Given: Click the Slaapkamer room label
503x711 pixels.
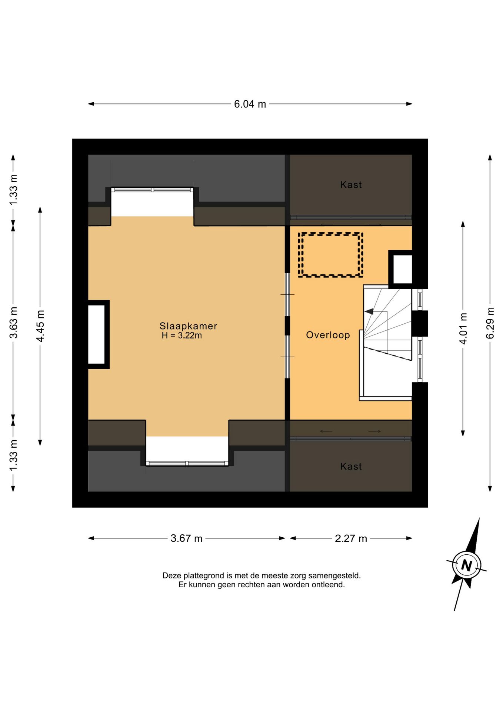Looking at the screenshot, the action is [x=188, y=326].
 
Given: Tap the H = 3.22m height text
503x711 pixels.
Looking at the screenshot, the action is [x=182, y=336].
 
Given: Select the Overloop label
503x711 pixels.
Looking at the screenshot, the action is [x=328, y=335].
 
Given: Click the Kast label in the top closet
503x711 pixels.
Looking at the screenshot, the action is [x=351, y=185].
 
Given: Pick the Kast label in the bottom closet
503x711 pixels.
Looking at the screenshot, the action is [x=351, y=466].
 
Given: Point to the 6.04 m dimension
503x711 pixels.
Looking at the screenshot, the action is [x=250, y=104].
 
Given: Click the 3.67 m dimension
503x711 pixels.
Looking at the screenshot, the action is [x=186, y=538].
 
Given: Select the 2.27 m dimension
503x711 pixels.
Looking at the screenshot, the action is [x=351, y=538].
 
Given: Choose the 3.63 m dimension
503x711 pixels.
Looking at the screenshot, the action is [x=13, y=323].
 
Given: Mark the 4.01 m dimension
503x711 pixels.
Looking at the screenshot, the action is [x=463, y=328].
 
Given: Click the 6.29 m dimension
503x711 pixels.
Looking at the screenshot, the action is [x=490, y=323].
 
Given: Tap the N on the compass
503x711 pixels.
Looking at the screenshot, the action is [x=466, y=566].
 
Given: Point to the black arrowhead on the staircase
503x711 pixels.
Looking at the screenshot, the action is [x=369, y=311].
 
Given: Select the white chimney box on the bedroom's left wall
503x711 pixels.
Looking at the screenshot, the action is [x=97, y=334].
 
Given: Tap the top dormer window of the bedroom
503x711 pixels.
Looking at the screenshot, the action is [x=152, y=190].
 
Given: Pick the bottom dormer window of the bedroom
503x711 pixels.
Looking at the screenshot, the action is [x=187, y=463].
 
